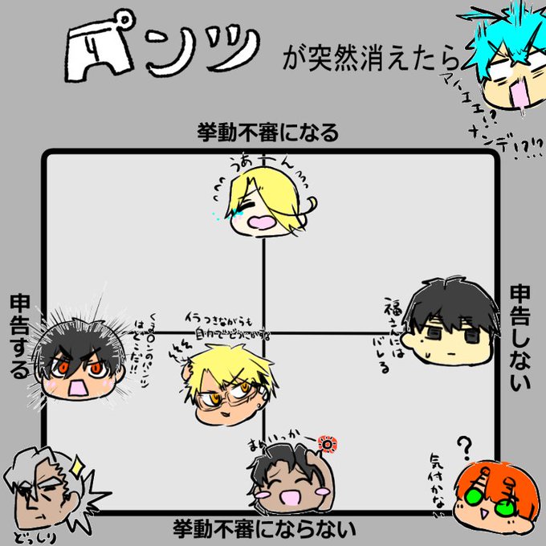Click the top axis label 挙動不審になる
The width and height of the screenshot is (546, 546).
click(x=268, y=132)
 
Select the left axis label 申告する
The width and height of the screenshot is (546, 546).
click(x=19, y=336)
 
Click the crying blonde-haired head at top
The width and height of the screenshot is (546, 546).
click(x=263, y=207)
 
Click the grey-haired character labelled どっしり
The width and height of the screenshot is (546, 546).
click(x=42, y=490)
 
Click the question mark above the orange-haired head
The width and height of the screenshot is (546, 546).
click(x=463, y=444)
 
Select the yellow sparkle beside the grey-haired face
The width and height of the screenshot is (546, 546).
click(x=79, y=464)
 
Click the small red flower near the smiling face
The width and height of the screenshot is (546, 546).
click(x=327, y=442)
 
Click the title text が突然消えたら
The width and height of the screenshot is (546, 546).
click(x=373, y=61)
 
